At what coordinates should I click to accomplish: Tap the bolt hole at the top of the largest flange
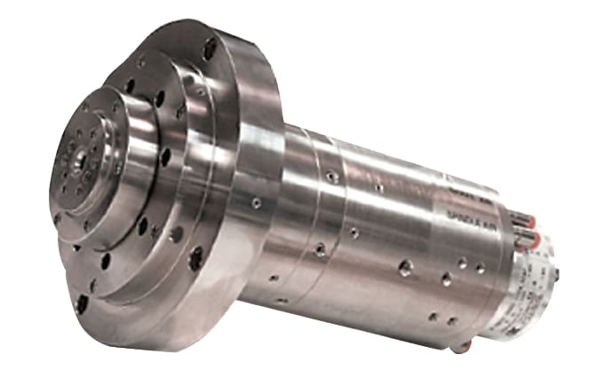point(210,49)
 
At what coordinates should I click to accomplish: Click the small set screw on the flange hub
point(256,203)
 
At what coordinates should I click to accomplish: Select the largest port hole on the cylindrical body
point(404,267)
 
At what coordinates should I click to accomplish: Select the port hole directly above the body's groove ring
point(331,177)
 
